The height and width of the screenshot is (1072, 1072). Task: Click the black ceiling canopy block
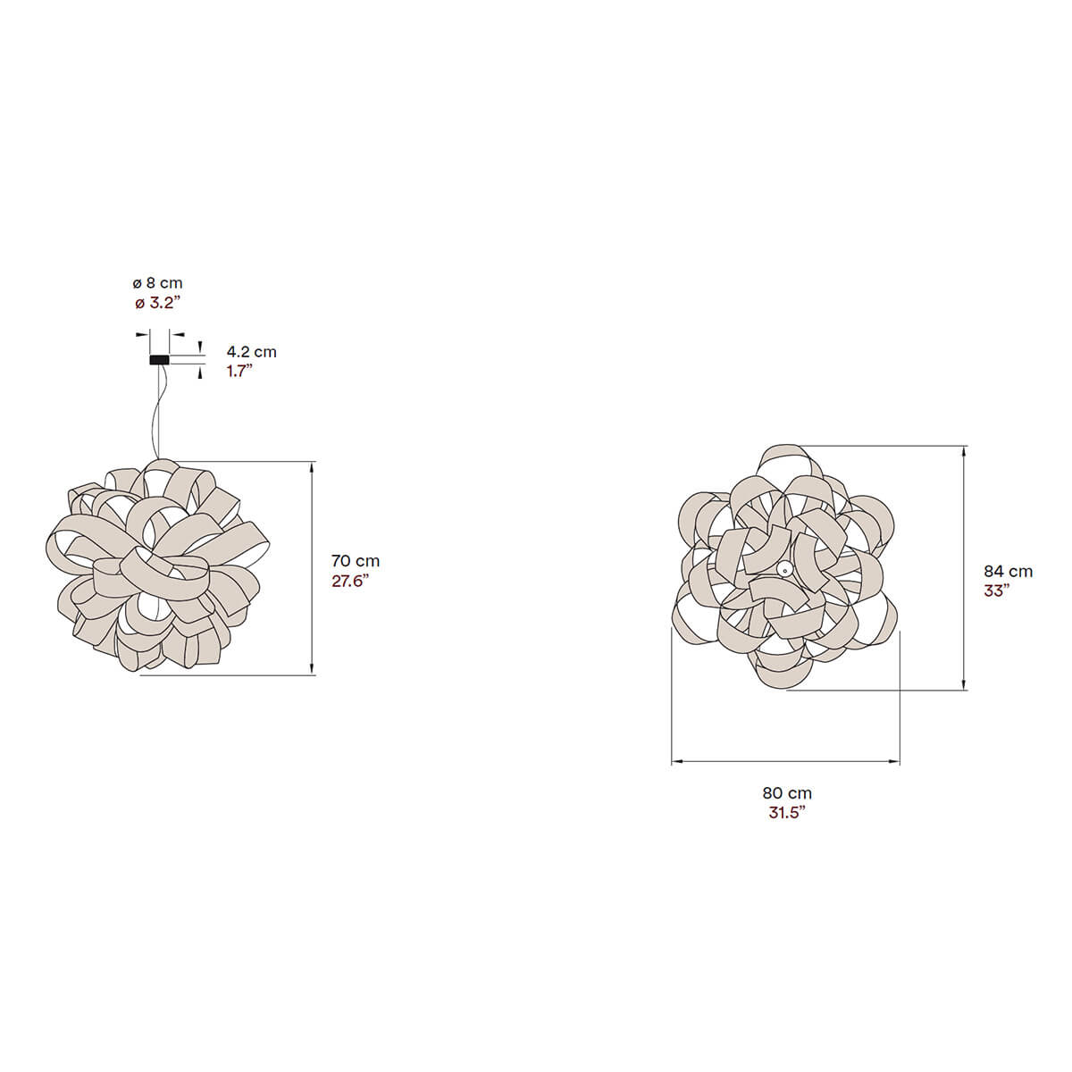[x=159, y=360]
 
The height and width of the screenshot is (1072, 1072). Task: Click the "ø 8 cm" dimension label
[x=157, y=283]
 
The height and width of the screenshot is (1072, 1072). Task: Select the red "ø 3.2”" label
[x=157, y=303]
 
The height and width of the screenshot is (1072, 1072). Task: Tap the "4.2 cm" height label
[x=251, y=352]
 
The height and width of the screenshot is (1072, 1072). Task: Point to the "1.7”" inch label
[x=239, y=371]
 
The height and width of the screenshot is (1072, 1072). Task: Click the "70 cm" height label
[x=356, y=560]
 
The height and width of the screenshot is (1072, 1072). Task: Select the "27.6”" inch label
[x=350, y=581]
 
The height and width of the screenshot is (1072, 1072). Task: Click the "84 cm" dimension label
[x=1008, y=572]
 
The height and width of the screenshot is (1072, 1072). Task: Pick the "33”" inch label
[x=996, y=590]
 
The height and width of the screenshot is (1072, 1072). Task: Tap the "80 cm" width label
[x=787, y=792]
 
